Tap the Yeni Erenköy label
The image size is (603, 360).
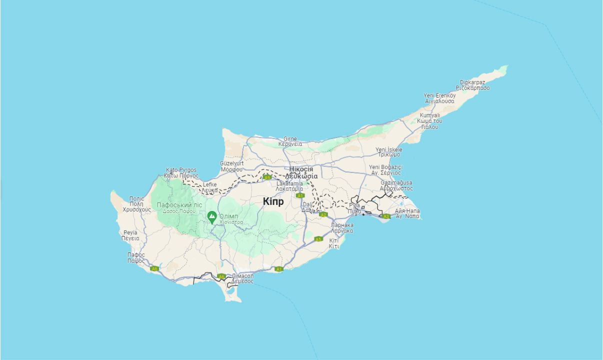click(439, 95)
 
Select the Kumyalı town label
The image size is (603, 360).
click(429, 115)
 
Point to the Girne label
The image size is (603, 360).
click(290, 139)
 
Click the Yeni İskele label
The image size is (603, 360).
click(388, 149)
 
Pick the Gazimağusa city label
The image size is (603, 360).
click(396, 183)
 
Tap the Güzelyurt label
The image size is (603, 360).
click(231, 163)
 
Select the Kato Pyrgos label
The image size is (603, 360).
click(181, 170)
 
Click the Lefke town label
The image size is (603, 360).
click(209, 184)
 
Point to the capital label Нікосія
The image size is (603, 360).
click(301, 169)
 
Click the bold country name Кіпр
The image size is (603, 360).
click(273, 201)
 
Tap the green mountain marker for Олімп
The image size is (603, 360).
click(212, 217)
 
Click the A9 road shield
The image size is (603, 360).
click(267, 177)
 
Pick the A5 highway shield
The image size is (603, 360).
click(318, 239)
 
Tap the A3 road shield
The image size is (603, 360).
click(385, 216)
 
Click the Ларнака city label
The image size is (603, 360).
click(342, 225)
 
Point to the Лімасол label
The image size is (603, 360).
click(242, 276)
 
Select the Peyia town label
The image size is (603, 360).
click(130, 233)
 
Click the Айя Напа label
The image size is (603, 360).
click(407, 211)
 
